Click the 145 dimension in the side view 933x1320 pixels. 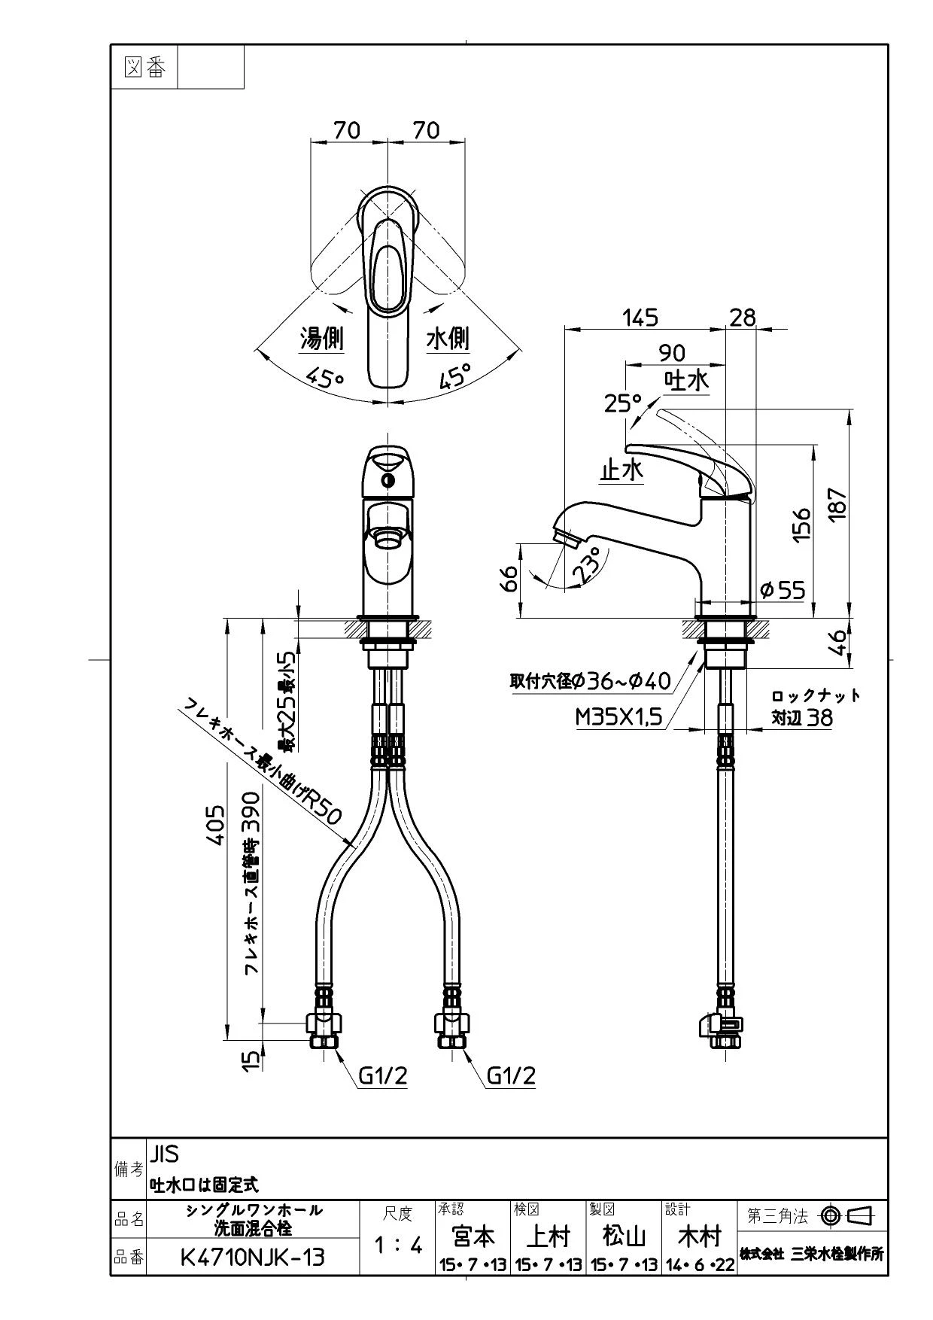[x=640, y=318]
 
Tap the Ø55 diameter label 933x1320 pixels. [x=783, y=590]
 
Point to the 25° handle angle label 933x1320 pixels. [x=622, y=403]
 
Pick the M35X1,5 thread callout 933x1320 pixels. [x=618, y=717]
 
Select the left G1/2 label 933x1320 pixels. [x=382, y=1076]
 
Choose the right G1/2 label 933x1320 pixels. [x=511, y=1076]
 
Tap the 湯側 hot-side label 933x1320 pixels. [x=322, y=339]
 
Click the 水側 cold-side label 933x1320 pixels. [x=448, y=339]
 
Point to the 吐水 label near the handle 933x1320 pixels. [x=686, y=380]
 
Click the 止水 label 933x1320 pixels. [x=621, y=470]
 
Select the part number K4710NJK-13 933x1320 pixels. [x=253, y=1257]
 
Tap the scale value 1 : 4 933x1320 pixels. [x=398, y=1245]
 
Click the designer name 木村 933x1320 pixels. [x=700, y=1236]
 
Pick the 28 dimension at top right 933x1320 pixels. [x=742, y=318]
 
